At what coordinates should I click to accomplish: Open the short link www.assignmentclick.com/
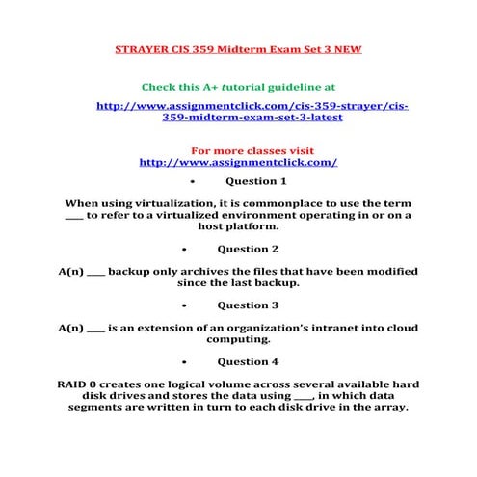238,162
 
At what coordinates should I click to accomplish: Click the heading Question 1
255,181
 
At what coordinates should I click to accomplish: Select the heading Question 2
255,250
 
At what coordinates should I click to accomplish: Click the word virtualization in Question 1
172,204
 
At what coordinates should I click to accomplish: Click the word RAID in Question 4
76,384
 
